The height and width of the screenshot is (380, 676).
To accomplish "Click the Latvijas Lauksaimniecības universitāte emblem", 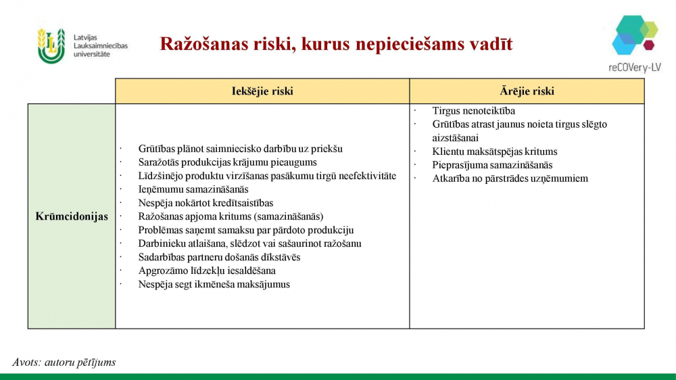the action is tap(51, 46).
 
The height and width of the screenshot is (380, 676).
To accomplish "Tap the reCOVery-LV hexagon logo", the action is tap(635, 35).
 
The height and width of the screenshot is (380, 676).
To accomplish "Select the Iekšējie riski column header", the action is tap(262, 91).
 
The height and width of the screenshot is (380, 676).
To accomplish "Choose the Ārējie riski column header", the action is tap(527, 91).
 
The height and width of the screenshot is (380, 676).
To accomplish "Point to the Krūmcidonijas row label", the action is tap(72, 216).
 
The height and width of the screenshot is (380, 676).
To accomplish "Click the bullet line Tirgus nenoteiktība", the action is tap(473, 111).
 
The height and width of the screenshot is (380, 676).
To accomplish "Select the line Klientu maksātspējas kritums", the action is tap(495, 151).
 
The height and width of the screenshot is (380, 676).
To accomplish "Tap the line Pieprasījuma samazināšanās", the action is tap(492, 165).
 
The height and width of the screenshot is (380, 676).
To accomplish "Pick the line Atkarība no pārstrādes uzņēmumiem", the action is tap(510, 179).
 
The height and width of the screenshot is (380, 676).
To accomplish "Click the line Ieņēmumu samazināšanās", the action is tap(193, 189).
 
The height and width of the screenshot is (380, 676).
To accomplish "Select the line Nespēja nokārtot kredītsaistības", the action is tap(206, 203).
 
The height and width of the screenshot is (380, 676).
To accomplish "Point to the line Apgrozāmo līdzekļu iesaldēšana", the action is tap(207, 270).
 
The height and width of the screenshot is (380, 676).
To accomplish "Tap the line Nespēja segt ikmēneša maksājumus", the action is tap(214, 284).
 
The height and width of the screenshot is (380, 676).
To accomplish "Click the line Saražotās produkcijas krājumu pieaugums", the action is tap(227, 162).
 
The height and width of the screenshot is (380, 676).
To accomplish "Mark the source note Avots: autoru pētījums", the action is tap(64, 362).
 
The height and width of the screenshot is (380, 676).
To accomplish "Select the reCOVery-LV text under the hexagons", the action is tap(635, 68).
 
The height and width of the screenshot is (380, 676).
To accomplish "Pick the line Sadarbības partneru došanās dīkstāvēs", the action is tap(219, 257).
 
